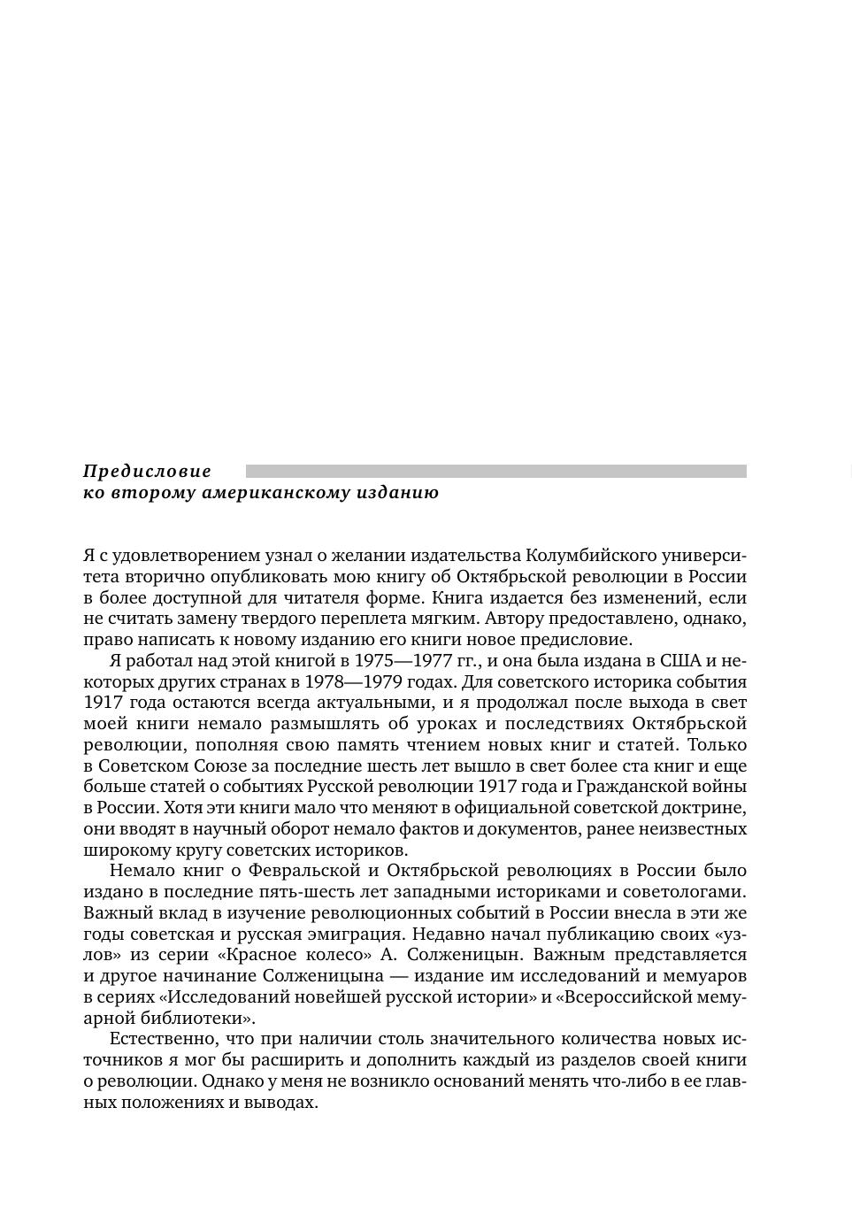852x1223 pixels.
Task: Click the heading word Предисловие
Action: tap(147, 472)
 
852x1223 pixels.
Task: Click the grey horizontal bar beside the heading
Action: tap(495, 472)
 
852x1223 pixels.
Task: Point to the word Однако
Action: tap(228, 1081)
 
